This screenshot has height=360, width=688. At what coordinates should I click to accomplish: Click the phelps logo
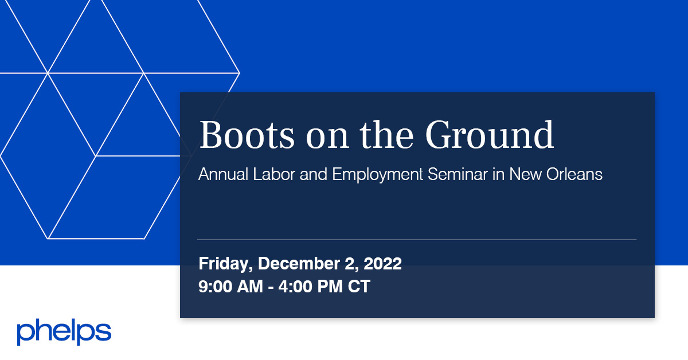click(x=64, y=332)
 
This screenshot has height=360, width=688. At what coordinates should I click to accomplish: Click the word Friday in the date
click(x=225, y=264)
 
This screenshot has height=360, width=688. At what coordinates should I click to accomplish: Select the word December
click(x=296, y=264)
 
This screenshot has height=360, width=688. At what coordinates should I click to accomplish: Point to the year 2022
click(x=382, y=264)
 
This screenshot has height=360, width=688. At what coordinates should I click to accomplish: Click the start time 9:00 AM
click(x=231, y=286)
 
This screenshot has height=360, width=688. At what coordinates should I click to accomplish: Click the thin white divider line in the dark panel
click(x=417, y=240)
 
